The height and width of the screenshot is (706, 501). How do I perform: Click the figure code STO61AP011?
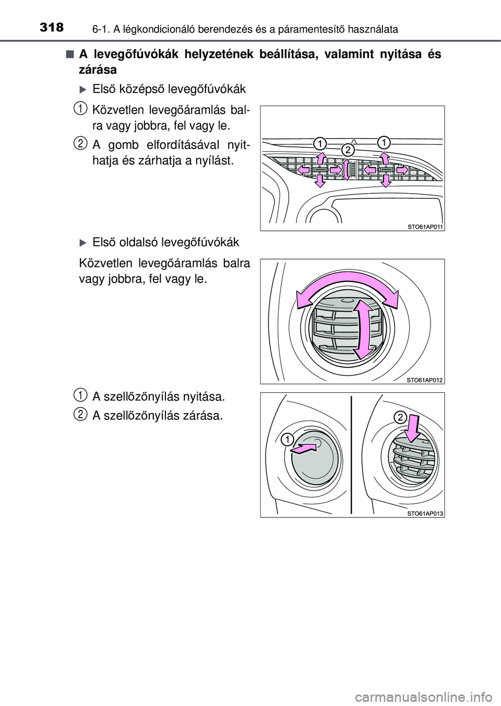click(425, 226)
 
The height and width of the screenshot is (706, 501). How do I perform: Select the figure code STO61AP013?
click(425, 513)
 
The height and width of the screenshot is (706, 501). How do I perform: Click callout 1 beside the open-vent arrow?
click(286, 439)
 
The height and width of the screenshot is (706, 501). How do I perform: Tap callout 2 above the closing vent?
click(399, 417)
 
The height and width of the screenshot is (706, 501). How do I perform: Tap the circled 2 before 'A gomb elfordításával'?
click(80, 143)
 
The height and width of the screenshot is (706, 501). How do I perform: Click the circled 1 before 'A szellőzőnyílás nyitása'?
click(80, 393)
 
